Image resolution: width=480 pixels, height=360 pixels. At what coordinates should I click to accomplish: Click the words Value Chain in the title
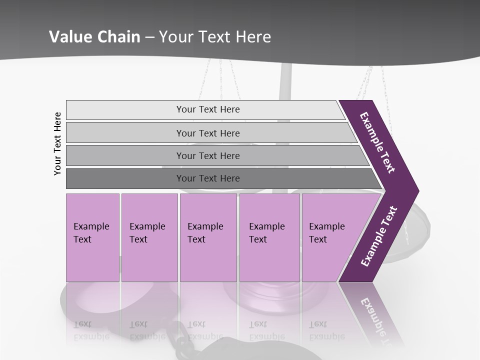pyautogui.click(x=94, y=37)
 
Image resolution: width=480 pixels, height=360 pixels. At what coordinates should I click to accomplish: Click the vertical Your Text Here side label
pyautogui.click(x=57, y=144)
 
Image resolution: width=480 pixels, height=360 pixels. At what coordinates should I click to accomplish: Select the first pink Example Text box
pyautogui.click(x=92, y=237)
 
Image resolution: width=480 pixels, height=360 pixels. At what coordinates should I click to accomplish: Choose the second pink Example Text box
pyautogui.click(x=149, y=237)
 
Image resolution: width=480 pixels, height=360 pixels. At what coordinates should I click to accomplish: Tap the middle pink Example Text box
pyautogui.click(x=208, y=237)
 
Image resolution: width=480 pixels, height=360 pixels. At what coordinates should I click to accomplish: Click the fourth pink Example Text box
pyautogui.click(x=269, y=237)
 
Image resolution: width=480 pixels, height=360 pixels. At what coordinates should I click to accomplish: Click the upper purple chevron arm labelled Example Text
pyautogui.click(x=377, y=142)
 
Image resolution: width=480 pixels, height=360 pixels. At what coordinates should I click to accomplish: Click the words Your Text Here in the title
pyautogui.click(x=215, y=37)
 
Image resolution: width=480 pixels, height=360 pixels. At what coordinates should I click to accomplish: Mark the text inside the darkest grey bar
pyautogui.click(x=208, y=178)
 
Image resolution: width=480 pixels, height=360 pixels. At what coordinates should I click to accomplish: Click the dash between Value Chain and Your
pyautogui.click(x=149, y=37)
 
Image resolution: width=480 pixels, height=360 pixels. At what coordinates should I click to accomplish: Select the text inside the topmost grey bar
pyautogui.click(x=208, y=109)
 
